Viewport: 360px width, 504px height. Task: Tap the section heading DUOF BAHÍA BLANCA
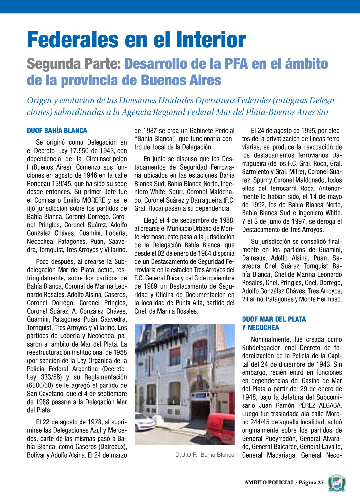[x=57, y=131]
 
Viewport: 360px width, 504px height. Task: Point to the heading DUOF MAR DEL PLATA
[x=274, y=319]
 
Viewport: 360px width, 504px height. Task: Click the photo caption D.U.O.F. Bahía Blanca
[x=205, y=455]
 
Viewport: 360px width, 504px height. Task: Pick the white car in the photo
[x=144, y=422]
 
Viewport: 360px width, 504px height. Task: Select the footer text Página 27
[x=311, y=483]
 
